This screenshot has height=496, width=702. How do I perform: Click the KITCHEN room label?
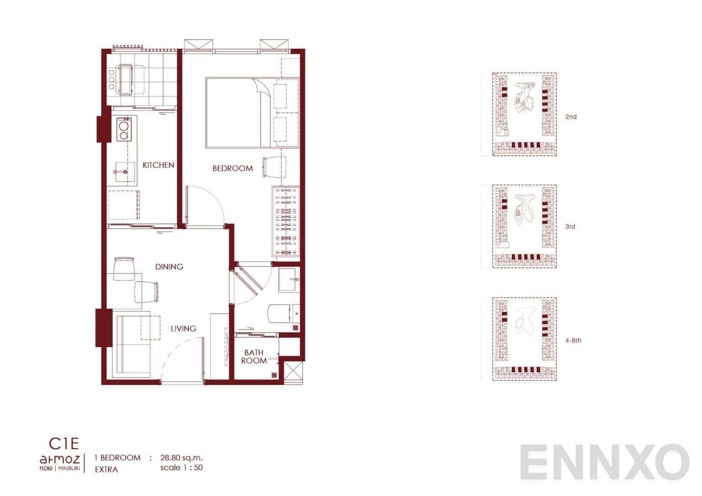[158, 165]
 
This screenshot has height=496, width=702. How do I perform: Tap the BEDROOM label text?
[233, 168]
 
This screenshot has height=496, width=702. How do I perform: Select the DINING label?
[169, 267]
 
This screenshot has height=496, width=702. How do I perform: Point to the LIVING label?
[184, 329]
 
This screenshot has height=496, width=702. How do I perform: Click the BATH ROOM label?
[254, 357]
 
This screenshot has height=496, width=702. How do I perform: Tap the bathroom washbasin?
[289, 280]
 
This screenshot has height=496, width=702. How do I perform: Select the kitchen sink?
[125, 172]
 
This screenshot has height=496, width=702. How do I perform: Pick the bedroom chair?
[274, 167]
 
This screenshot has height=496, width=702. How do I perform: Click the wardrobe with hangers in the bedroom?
[286, 221]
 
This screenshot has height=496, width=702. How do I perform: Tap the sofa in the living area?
[133, 345]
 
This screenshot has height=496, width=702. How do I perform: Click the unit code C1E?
[64, 443]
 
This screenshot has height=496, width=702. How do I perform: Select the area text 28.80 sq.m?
[181, 458]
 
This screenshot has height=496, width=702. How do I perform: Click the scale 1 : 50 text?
[181, 468]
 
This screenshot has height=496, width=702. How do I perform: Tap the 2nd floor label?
[571, 117]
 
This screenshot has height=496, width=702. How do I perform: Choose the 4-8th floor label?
[573, 341]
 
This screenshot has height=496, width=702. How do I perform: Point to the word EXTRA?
[106, 469]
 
